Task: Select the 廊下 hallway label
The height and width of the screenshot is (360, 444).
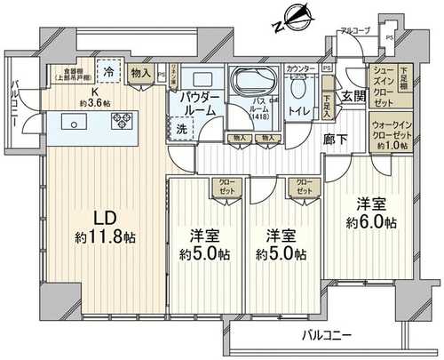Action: pyautogui.click(x=335, y=139)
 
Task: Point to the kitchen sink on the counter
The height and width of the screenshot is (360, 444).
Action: pyautogui.click(x=71, y=122)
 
